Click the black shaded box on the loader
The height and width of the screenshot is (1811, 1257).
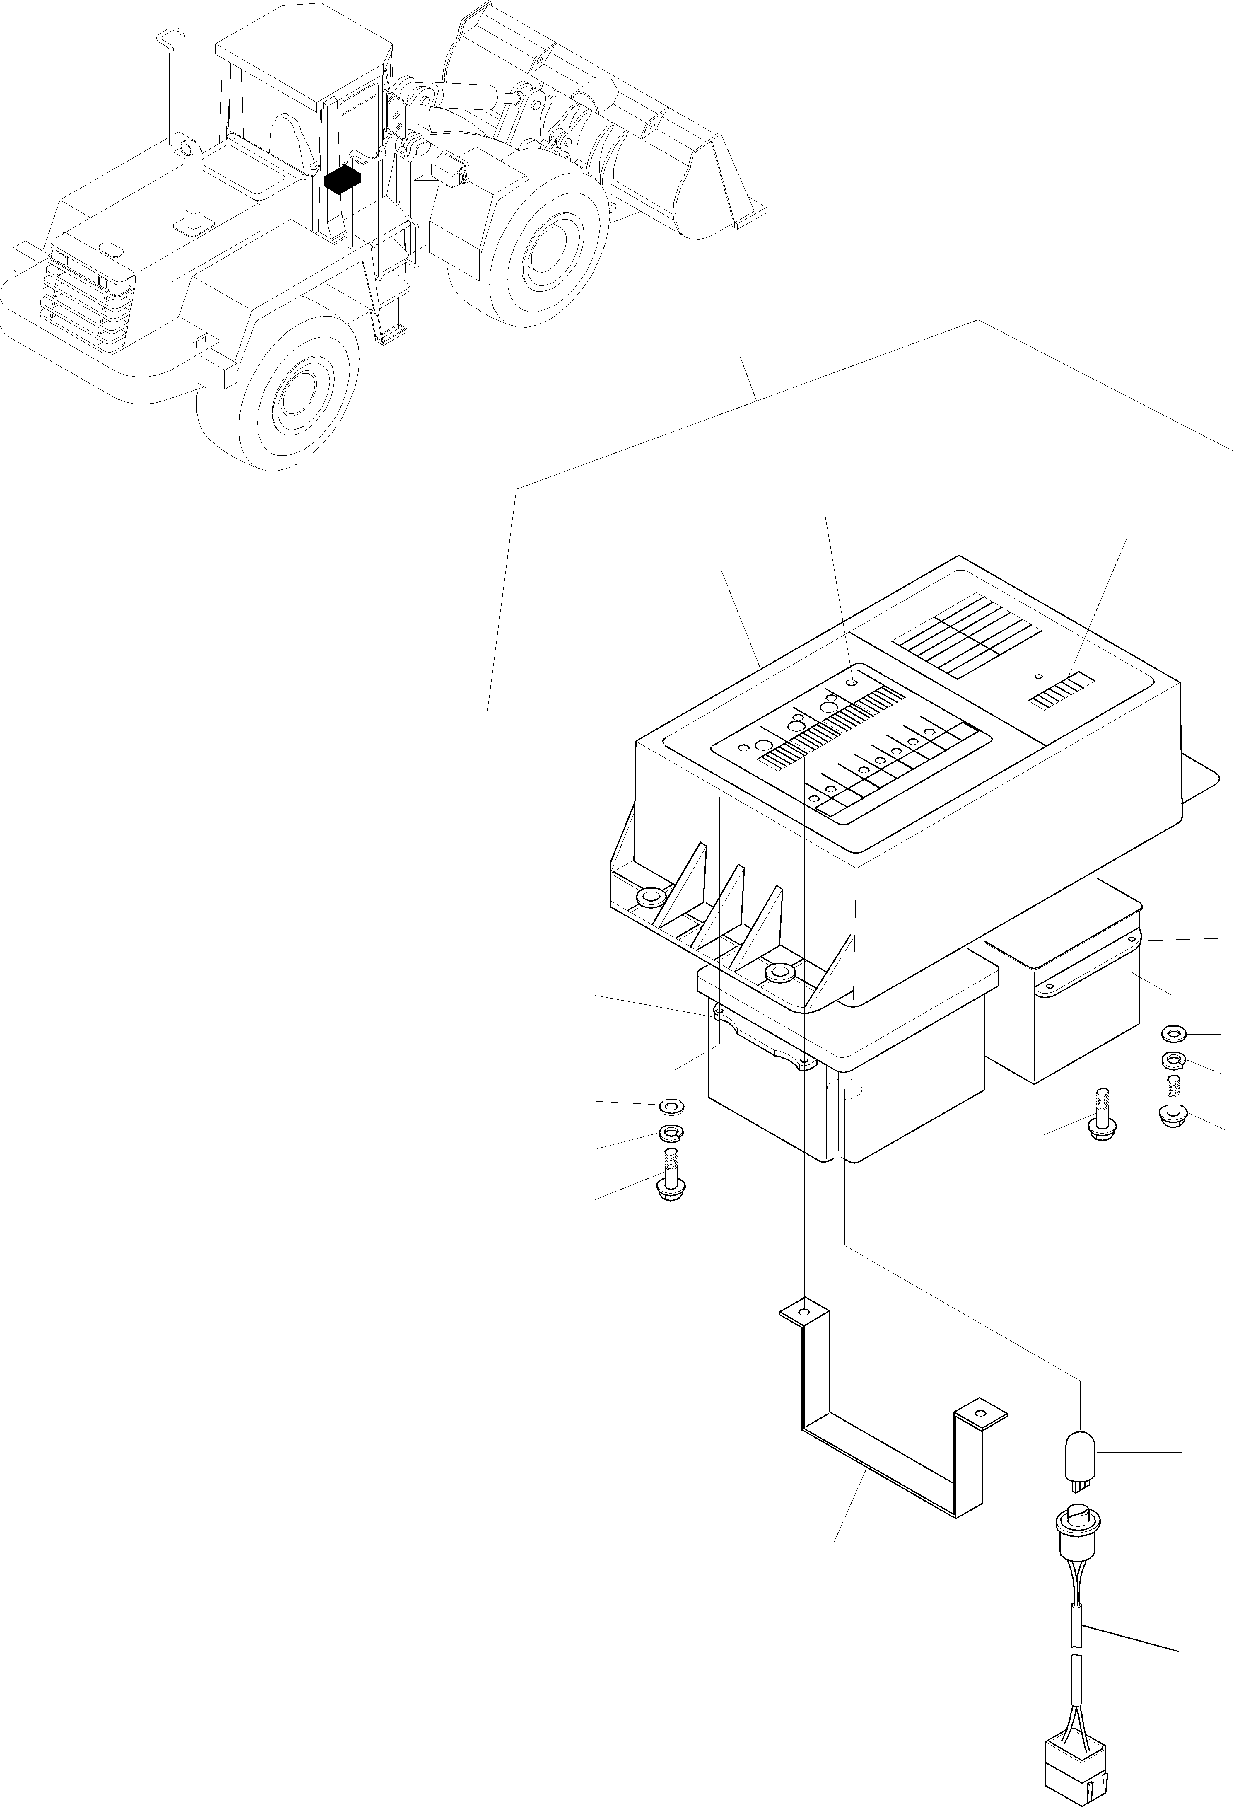click(343, 179)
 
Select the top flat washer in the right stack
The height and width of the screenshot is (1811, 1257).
click(1173, 1033)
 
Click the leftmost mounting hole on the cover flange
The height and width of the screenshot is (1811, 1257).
click(650, 897)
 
